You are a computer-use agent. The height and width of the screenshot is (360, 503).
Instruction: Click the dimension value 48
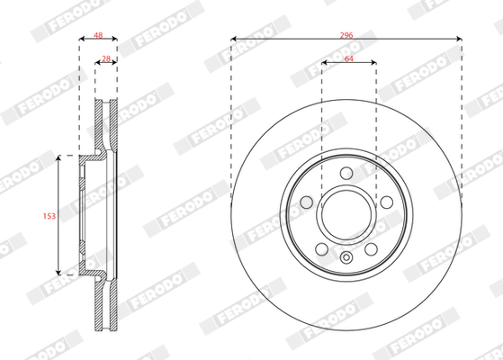pos(98,35)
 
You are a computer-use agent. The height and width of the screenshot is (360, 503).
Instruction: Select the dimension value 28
pos(106,58)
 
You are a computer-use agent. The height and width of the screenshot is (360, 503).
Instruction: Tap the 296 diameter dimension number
pos(346,35)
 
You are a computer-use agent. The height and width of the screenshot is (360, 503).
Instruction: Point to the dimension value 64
pos(349,58)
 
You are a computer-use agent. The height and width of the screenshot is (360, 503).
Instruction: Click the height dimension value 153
pos(49,216)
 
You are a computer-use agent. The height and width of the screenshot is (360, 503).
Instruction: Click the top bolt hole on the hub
pos(346,174)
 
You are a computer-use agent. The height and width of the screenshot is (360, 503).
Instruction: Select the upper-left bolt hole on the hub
pos(306,202)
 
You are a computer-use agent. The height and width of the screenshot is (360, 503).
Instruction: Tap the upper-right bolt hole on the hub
pos(387,202)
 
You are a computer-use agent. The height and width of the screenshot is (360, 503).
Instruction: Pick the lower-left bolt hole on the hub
pos(322,249)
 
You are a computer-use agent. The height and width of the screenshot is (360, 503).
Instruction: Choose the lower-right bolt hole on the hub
pos(371,249)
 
